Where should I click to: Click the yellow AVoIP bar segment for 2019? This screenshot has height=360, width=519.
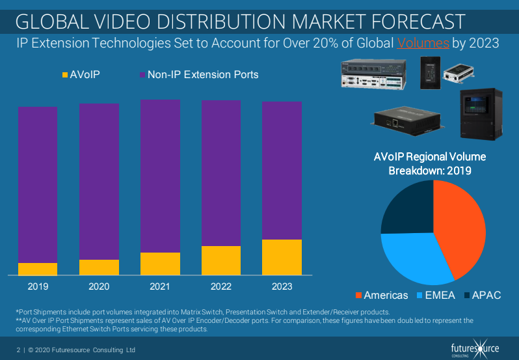38,269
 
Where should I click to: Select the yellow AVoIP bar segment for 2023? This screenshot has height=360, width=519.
282,257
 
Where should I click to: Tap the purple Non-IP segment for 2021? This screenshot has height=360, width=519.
160,176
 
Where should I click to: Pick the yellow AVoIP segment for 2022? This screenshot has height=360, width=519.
221,260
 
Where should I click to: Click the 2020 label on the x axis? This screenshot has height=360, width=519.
99,286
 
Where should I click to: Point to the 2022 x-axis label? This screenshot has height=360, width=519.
221,286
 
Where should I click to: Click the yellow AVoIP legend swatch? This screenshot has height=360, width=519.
64,75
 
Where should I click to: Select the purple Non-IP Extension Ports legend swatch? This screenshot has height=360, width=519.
142,75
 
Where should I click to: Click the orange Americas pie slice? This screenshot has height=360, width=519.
462,228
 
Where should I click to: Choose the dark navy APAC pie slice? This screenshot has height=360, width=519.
408,207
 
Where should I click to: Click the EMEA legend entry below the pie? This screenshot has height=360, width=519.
435,295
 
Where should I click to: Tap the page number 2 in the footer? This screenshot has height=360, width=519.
18,350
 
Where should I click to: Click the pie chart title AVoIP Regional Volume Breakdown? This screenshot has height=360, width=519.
430,163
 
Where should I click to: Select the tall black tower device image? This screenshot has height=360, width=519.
480,114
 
